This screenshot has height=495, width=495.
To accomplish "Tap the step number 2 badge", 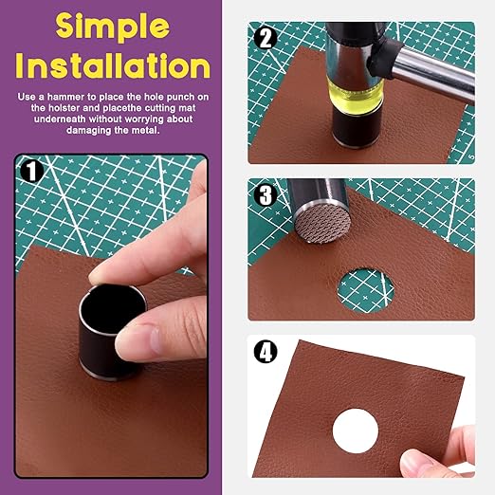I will click(266, 39).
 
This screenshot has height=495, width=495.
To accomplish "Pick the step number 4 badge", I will click(266, 352).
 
